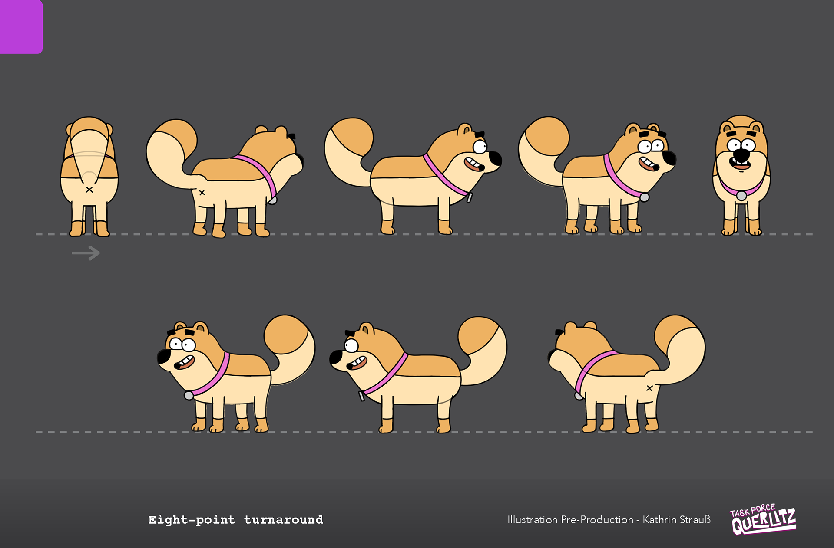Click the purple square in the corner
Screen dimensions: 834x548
point(21,26)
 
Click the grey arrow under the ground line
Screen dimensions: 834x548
point(86,253)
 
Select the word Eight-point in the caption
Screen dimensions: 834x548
point(192,520)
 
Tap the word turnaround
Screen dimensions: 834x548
point(284,520)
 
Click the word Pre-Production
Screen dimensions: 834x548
point(597,520)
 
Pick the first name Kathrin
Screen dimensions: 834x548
point(659,520)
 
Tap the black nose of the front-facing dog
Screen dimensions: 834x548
point(741,154)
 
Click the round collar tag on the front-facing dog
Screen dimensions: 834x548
point(741,196)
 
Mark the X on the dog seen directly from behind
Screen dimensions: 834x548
point(89,190)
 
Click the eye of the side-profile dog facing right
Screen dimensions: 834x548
point(480,147)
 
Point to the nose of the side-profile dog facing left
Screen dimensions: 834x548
point(335,358)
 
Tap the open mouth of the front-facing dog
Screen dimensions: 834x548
point(741,164)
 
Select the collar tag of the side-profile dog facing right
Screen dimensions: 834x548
point(470,197)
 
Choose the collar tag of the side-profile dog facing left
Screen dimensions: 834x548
point(361,396)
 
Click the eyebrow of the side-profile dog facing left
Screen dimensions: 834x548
point(350,334)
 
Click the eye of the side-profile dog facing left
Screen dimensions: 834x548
point(351,346)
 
